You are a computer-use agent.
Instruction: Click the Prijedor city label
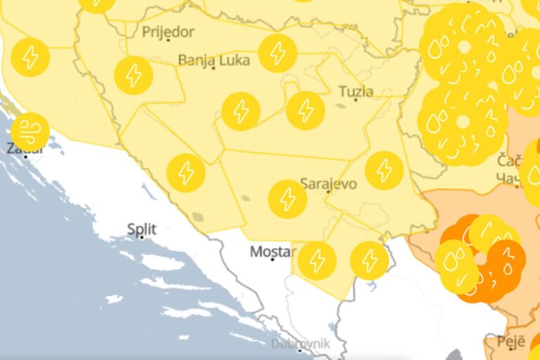[x=168, y=32]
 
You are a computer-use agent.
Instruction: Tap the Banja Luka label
[x=214, y=60]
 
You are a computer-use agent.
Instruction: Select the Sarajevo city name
[x=328, y=184]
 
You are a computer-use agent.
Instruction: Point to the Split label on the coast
[x=141, y=229]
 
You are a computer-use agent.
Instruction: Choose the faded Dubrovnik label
[x=300, y=344]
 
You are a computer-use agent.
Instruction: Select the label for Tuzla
[x=356, y=91]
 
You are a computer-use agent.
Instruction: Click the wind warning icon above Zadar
[x=30, y=131]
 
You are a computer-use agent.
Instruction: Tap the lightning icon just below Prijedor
[x=133, y=75]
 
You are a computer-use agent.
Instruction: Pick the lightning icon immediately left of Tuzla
[x=305, y=110]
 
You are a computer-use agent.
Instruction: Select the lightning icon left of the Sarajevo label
[x=287, y=199]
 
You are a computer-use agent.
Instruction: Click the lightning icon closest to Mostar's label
[x=316, y=261]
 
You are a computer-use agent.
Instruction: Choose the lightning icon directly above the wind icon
[x=30, y=57]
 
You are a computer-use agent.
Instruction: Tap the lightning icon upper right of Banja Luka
[x=277, y=53]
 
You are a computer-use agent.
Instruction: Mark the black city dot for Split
[x=141, y=238]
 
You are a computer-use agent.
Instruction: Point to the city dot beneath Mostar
[x=273, y=259]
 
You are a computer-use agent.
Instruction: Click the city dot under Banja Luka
[x=214, y=68]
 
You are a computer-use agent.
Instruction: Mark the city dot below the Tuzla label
[x=356, y=100]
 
